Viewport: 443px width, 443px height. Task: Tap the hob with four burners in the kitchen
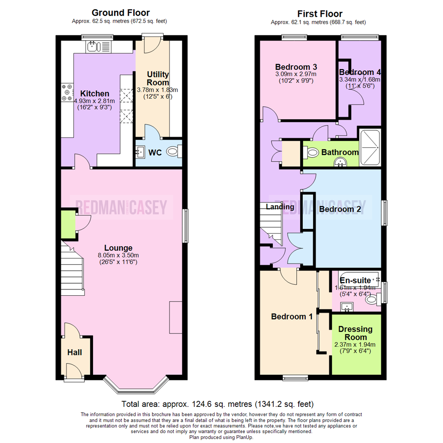pyautogui.click(x=66, y=93)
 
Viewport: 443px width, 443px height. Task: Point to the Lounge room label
pyautogui.click(x=118, y=248)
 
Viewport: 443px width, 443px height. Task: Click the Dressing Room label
pyautogui.click(x=356, y=333)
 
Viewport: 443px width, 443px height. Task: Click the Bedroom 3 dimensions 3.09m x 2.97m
pyautogui.click(x=296, y=74)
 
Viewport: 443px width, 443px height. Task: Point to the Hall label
pyautogui.click(x=75, y=352)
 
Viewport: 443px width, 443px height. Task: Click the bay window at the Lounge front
pyautogui.click(x=136, y=386)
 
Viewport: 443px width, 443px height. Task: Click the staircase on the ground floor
pyautogui.click(x=73, y=269)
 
